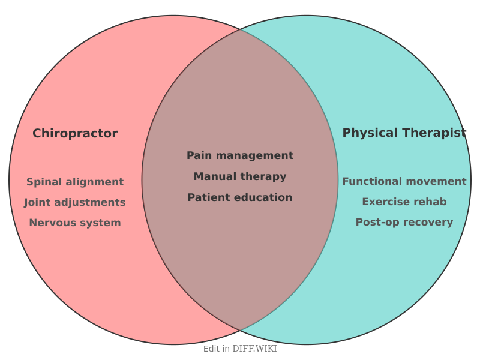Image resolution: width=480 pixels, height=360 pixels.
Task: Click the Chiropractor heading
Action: [75, 133]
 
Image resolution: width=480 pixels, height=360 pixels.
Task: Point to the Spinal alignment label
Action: [75, 182]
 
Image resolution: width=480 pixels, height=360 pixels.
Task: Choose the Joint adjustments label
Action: [75, 202]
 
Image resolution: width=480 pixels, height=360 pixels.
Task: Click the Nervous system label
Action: [75, 223]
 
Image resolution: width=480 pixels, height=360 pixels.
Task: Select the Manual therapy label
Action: [240, 176]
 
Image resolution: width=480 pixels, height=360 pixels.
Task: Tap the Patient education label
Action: [240, 197]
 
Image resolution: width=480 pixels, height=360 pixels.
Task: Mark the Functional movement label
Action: [404, 181]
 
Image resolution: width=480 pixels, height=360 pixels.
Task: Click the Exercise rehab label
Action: [404, 202]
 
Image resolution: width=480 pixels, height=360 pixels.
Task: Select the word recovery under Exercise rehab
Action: [428, 222]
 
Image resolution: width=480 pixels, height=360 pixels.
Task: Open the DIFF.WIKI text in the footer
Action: [254, 349]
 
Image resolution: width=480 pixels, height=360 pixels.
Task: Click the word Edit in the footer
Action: [212, 349]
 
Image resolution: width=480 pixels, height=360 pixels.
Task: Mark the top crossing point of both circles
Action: [240, 29]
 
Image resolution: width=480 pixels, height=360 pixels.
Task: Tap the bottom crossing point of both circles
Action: [240, 331]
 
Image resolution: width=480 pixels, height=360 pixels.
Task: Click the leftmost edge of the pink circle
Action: [9, 180]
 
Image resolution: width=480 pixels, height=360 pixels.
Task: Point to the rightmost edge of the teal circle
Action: [471, 180]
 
